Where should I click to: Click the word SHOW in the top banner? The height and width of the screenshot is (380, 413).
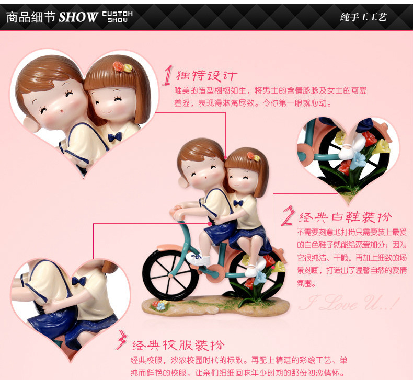click(x=78, y=17)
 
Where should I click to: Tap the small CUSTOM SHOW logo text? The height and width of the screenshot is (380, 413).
click(x=118, y=17)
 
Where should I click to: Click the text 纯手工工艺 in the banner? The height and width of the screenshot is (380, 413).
click(x=363, y=17)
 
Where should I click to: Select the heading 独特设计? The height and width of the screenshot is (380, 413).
click(x=206, y=76)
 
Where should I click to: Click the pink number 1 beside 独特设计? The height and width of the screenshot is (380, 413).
click(x=167, y=76)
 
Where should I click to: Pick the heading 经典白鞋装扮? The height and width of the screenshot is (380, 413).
click(x=345, y=217)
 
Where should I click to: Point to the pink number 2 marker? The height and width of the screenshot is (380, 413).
click(x=288, y=216)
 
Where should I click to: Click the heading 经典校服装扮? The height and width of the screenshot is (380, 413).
click(x=178, y=345)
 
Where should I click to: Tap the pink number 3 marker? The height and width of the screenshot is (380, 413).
click(x=122, y=340)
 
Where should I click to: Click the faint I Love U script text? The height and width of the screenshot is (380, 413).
click(x=349, y=303)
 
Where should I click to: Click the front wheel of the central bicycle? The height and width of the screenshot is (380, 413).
click(x=170, y=275)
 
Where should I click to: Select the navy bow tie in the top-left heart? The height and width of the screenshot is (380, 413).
click(x=115, y=137)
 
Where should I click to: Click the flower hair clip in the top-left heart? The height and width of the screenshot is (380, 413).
click(x=122, y=67)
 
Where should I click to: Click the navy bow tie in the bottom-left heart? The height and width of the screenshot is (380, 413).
click(x=79, y=281)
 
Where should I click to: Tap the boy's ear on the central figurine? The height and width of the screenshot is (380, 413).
click(x=183, y=182)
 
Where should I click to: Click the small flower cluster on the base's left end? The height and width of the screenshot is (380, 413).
click(x=159, y=305)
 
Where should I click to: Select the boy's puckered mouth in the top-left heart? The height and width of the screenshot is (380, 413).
click(x=62, y=112)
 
